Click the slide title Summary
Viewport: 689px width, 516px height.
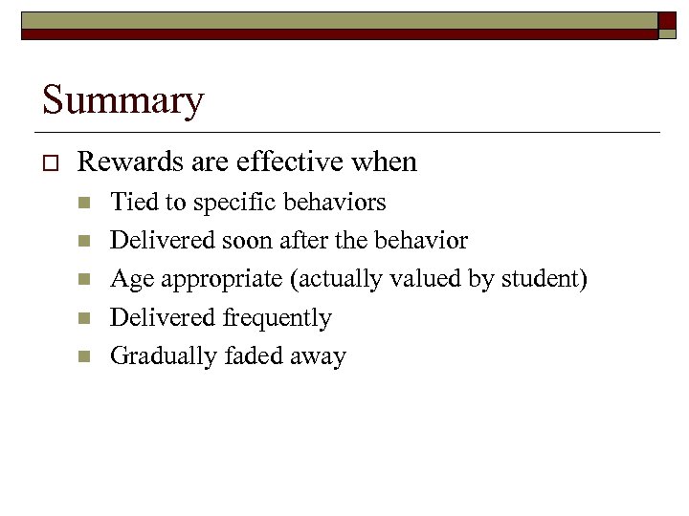(122, 100)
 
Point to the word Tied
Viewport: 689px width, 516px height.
(134, 202)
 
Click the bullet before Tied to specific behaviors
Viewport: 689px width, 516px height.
(85, 204)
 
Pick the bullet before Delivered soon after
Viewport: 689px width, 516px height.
(85, 242)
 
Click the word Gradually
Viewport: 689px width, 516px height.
(164, 356)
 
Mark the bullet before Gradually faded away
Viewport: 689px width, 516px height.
(85, 357)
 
